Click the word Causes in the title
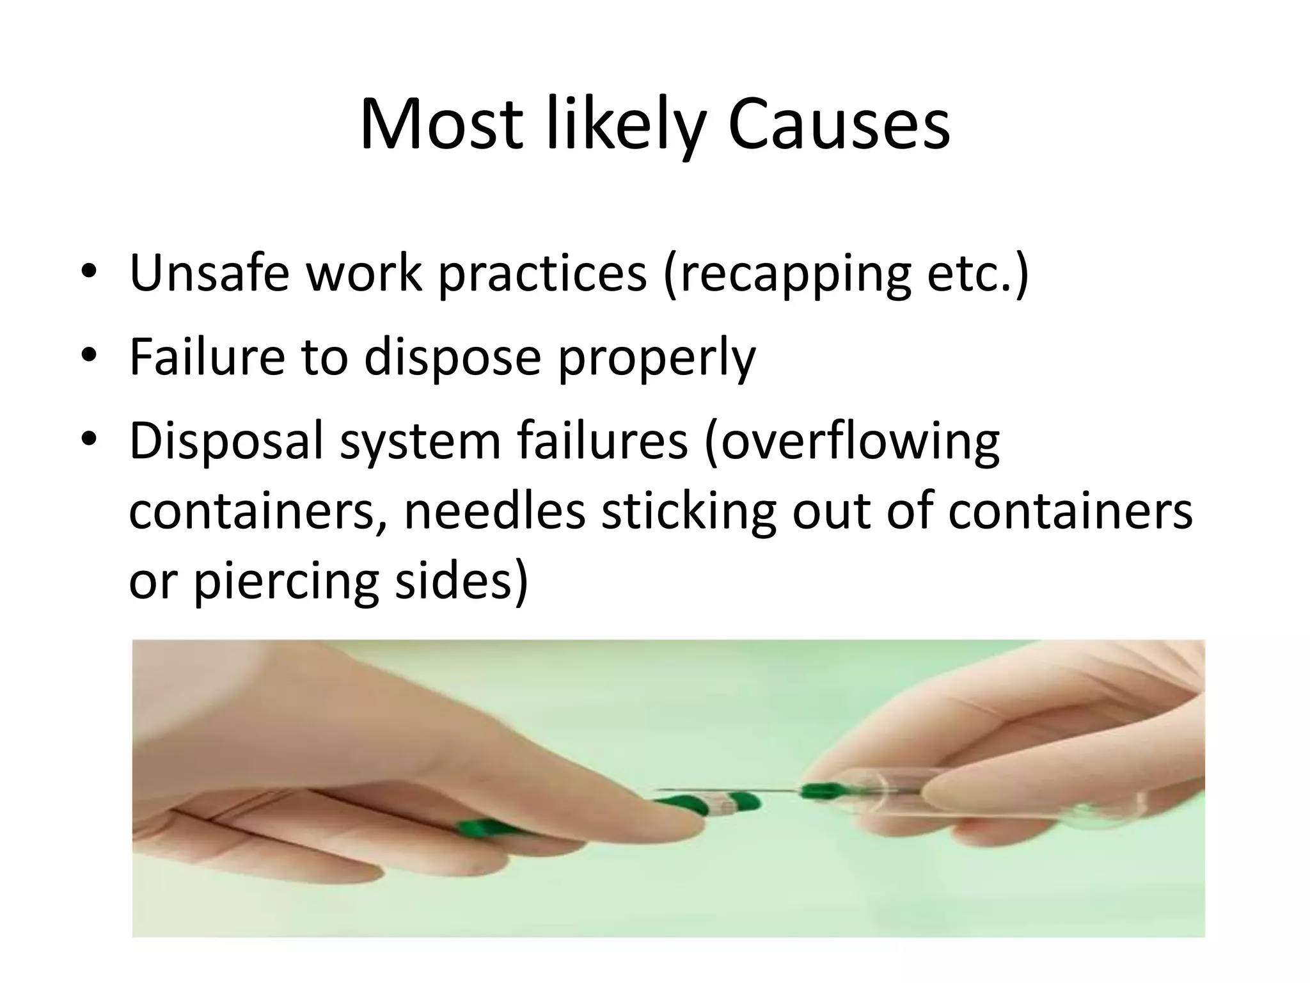839,124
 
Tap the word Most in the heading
441,124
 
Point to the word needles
494,511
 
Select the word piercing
286,582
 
